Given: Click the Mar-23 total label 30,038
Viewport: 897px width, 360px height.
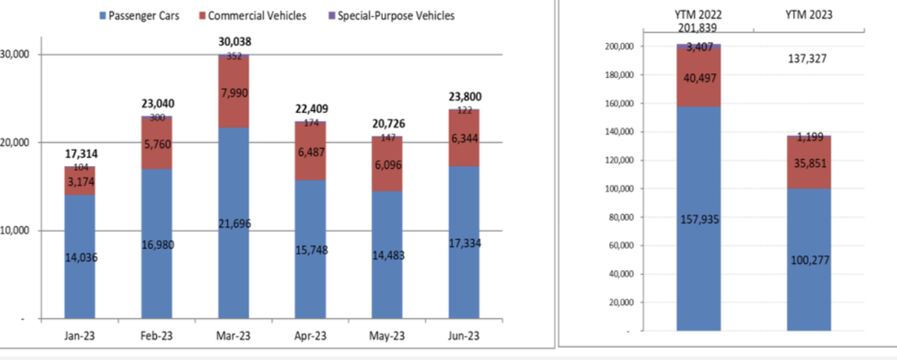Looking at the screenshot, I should (x=234, y=43).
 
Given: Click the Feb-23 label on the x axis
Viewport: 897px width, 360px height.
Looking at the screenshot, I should (x=156, y=335).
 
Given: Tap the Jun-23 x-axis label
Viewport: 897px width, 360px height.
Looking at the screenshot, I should (x=463, y=335).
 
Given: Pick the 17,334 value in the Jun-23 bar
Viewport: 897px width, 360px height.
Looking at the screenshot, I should (x=464, y=243).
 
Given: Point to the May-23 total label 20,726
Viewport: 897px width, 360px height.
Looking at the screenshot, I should (x=387, y=124).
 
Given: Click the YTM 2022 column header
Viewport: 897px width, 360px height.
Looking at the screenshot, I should (x=698, y=15).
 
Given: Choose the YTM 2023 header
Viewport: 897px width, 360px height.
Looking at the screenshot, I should (x=809, y=15).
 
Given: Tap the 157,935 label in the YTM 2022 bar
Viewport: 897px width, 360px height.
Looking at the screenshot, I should (x=698, y=220).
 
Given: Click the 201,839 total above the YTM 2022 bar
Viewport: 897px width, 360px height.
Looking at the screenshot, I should (x=698, y=28).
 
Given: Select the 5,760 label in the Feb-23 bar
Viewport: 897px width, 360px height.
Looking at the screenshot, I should (x=157, y=144).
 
